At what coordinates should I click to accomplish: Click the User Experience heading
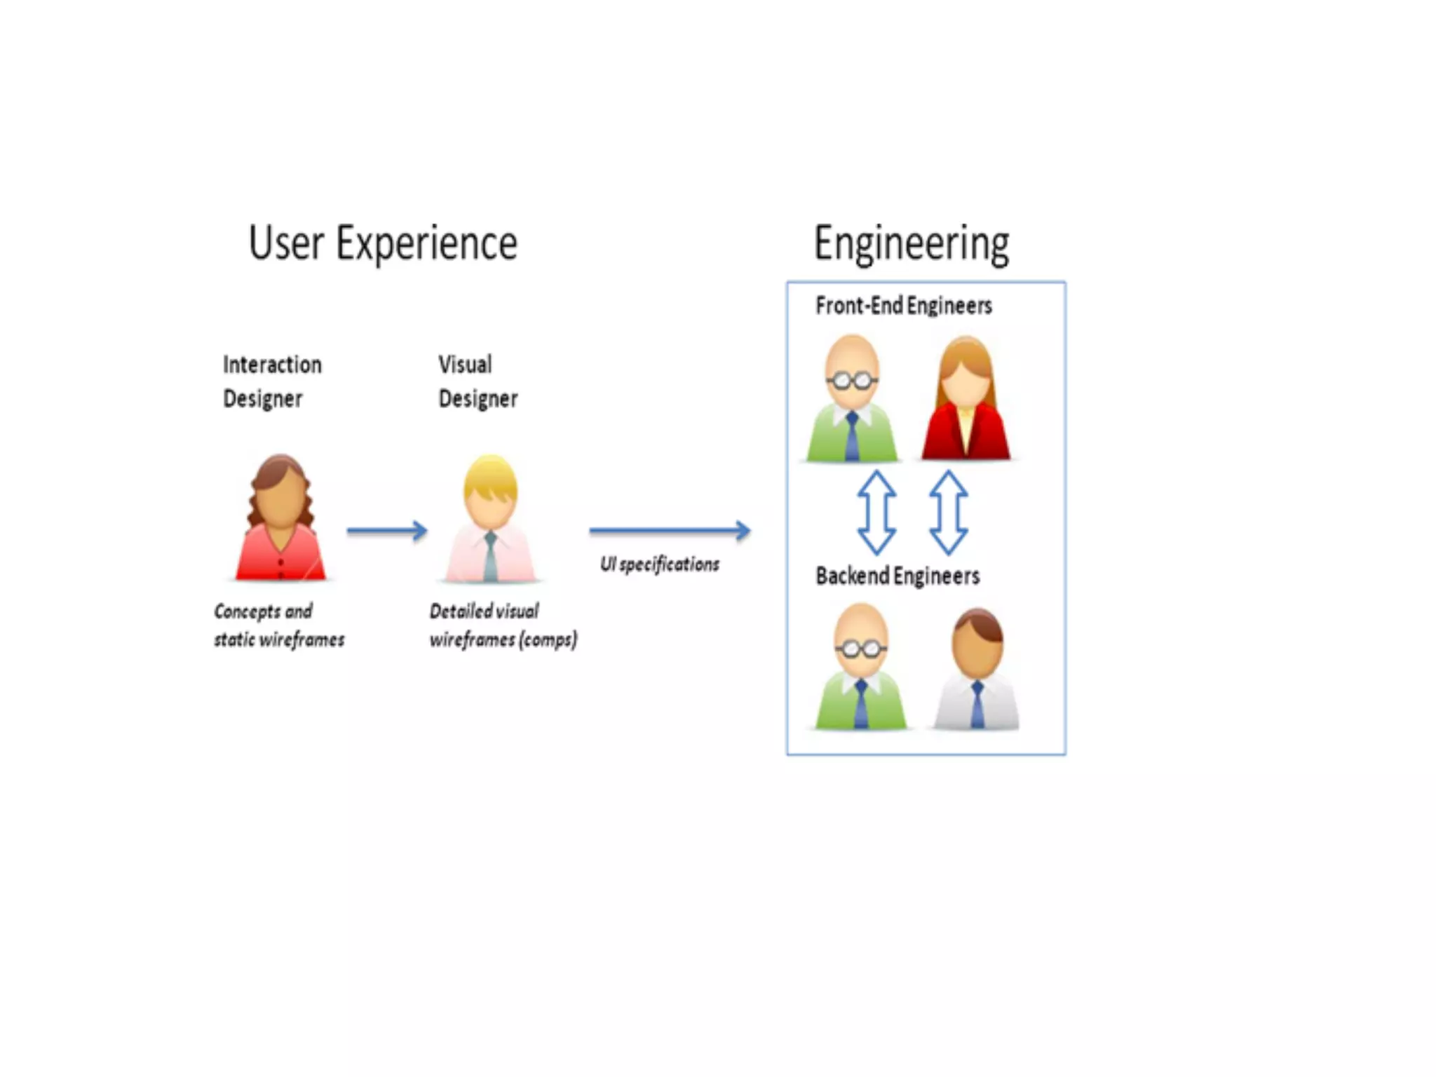383,244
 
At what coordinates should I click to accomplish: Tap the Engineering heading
911,244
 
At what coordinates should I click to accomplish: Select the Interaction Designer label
272,381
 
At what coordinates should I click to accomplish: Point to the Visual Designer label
477,381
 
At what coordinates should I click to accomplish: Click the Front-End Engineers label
903,306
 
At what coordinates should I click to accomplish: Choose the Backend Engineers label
897,576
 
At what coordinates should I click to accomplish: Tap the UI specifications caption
659,564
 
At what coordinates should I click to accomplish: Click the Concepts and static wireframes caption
279,625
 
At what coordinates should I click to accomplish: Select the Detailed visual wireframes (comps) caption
503,625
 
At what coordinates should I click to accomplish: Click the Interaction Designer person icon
280,519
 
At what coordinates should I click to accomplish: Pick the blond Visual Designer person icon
490,519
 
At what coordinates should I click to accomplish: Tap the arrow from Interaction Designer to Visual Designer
387,531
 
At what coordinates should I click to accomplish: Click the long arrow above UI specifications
670,530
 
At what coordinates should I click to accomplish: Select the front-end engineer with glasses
852,400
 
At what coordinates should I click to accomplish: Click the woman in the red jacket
966,400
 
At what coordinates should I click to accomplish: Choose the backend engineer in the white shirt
977,670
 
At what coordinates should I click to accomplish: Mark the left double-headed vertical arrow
876,513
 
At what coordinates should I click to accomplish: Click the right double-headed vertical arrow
949,513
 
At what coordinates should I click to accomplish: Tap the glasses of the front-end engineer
852,381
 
